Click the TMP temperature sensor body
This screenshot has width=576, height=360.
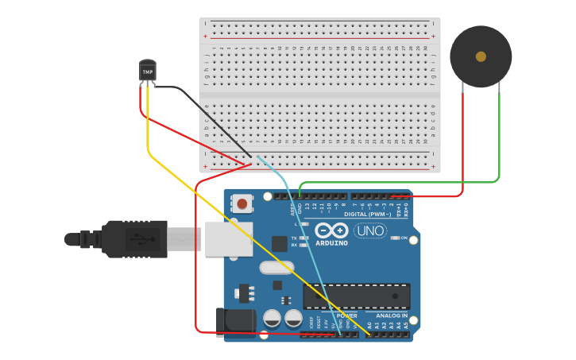148,71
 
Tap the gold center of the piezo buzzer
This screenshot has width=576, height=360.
481,56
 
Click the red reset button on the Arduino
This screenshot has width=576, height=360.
242,204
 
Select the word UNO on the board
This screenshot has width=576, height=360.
370,231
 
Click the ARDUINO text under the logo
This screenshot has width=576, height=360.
331,243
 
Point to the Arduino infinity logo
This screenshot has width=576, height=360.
331,230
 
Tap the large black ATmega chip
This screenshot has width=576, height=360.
357,296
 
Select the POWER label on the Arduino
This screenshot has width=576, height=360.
346,316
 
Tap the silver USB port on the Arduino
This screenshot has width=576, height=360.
229,238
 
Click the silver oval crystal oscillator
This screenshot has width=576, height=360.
276,268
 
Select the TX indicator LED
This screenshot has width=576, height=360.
303,238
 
